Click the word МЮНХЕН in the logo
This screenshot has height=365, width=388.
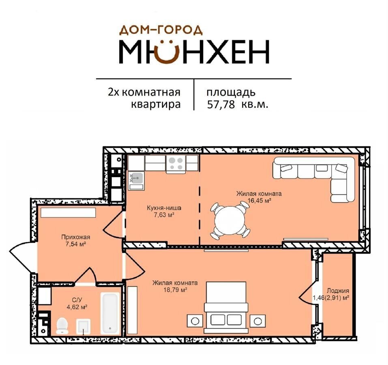194,52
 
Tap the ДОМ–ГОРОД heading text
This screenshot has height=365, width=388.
161,30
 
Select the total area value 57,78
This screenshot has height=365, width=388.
221,104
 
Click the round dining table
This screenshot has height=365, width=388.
229,221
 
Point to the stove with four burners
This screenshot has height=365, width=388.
176,164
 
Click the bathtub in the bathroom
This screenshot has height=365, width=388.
110,313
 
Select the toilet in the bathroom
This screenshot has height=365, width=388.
62,326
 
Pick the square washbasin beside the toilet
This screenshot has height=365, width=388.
83,326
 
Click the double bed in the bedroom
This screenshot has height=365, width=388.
226,307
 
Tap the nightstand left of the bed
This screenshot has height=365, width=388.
195,321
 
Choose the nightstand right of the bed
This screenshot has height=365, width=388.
257,321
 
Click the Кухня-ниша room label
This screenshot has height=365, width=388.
164,208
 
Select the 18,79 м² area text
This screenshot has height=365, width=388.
175,290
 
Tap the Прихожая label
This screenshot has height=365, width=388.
76,237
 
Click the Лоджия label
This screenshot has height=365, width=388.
338,291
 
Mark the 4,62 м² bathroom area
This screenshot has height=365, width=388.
77,307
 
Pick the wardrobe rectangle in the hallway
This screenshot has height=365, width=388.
68,213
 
